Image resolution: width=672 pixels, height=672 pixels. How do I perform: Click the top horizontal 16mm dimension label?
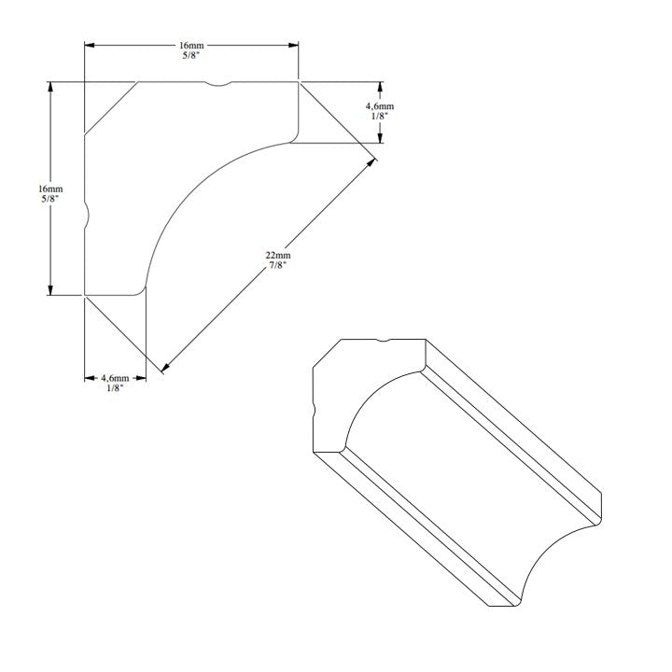pyautogui.click(x=191, y=45)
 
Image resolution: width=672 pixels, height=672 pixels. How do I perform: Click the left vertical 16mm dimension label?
pyautogui.click(x=50, y=189)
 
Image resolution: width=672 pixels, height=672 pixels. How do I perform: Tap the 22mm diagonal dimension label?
pyautogui.click(x=278, y=255)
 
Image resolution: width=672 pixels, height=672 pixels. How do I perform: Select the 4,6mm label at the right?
pyautogui.click(x=379, y=105)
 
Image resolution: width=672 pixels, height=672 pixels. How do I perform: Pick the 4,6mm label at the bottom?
pyautogui.click(x=115, y=378)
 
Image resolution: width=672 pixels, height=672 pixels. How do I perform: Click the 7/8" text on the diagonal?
pyautogui.click(x=278, y=265)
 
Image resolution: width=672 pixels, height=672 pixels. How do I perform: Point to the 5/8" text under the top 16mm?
pyautogui.click(x=191, y=55)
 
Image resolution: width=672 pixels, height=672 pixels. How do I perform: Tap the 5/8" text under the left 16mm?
pyautogui.click(x=50, y=199)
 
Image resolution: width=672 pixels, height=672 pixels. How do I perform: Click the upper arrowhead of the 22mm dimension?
pyautogui.click(x=371, y=163)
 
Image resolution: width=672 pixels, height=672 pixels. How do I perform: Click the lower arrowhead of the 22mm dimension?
pyautogui.click(x=166, y=368)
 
